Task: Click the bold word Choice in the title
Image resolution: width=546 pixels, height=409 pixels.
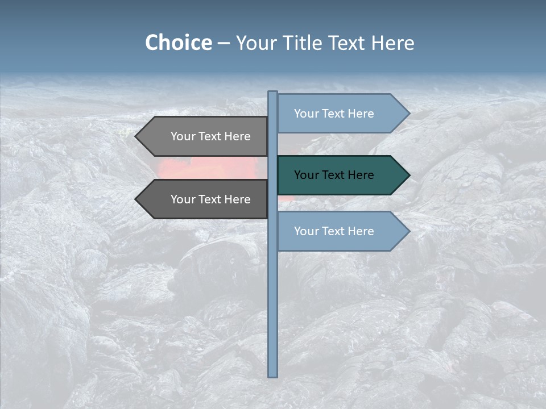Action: coord(178,43)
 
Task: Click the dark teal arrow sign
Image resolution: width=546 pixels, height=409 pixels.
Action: coord(341,175)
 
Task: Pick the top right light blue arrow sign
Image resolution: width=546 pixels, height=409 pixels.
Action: coord(341,114)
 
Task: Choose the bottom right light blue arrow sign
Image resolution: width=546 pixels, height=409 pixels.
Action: coord(341,231)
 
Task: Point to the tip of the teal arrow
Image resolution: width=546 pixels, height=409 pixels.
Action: coord(408,175)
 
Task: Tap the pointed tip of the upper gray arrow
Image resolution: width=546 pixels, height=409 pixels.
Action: coord(136,136)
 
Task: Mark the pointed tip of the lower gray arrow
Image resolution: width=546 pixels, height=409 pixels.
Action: coord(136,199)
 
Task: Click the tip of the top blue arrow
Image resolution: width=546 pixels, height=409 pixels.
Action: coord(408,114)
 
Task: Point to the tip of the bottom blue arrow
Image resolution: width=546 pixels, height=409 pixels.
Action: coord(408,231)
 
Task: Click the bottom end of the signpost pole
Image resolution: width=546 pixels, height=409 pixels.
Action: coord(272,375)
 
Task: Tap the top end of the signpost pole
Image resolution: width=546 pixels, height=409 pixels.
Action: coord(272,93)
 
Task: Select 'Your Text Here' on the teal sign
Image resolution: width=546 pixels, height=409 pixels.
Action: coord(334,175)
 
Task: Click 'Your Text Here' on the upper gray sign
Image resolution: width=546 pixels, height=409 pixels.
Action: coord(210,136)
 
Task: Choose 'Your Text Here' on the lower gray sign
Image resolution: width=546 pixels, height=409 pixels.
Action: coord(210,199)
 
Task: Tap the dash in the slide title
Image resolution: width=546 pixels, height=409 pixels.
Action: coord(224,43)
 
